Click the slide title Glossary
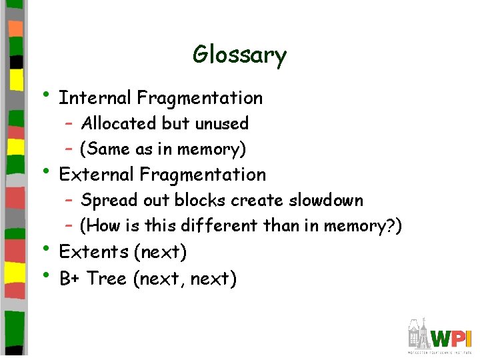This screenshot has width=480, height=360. click(239, 55)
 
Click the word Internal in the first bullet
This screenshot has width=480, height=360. click(95, 98)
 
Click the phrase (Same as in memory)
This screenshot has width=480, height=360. click(163, 149)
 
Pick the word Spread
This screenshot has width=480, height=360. click(105, 200)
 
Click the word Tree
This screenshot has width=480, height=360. click(107, 278)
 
